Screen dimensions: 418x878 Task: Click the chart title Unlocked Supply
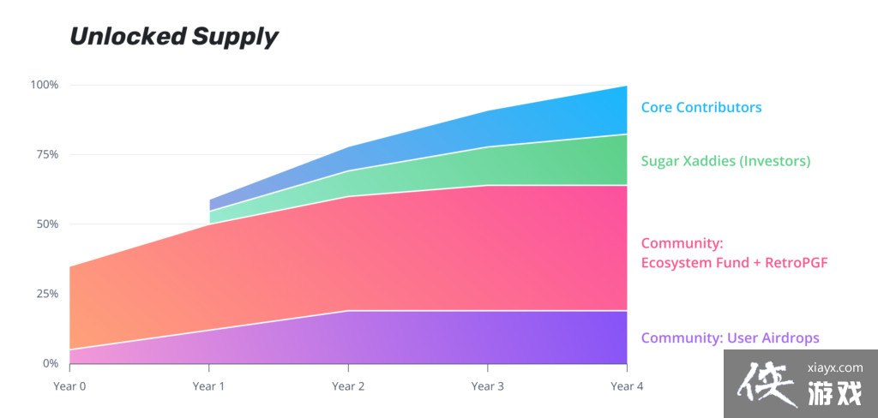tap(173, 37)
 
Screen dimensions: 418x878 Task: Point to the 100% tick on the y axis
tap(45, 85)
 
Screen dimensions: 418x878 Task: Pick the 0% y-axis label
tap(50, 363)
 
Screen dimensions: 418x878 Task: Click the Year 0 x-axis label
tap(69, 386)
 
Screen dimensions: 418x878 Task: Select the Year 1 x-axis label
tap(208, 386)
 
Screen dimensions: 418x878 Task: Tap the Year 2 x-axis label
tap(348, 386)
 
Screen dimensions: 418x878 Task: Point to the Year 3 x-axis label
tap(487, 386)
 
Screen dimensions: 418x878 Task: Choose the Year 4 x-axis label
tap(627, 386)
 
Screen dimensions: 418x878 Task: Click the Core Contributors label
tap(701, 108)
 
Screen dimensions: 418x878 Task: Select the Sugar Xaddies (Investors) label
tap(725, 161)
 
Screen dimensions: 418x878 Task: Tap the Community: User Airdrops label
tap(730, 337)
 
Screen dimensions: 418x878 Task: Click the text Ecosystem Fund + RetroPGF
tap(734, 262)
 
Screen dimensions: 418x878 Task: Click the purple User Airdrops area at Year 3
tap(487, 337)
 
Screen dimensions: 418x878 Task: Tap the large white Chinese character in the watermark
tap(766, 382)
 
